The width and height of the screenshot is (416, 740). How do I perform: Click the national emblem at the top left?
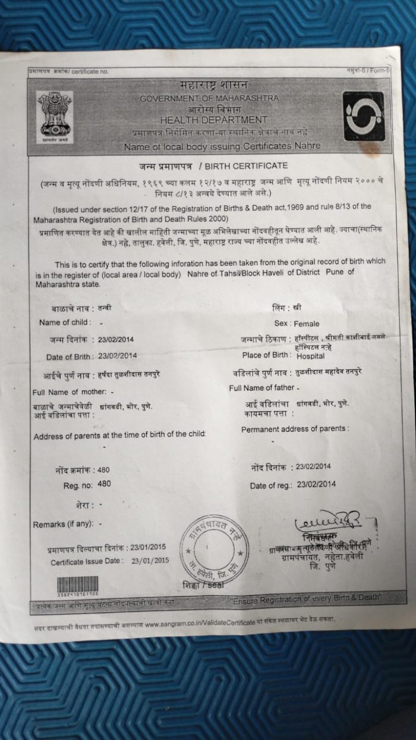click(x=55, y=116)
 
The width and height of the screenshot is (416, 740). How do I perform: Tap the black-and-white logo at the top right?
click(x=363, y=115)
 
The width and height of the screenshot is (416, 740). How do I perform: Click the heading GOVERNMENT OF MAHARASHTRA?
click(x=203, y=99)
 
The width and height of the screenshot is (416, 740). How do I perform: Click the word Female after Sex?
click(x=307, y=324)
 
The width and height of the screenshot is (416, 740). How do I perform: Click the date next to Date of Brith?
click(x=118, y=356)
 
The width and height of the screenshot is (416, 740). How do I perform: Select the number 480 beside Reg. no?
click(x=104, y=484)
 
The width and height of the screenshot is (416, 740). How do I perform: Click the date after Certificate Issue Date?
click(x=150, y=560)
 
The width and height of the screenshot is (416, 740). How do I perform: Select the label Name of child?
click(x=65, y=322)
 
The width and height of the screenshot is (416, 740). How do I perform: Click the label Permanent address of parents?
click(x=295, y=428)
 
